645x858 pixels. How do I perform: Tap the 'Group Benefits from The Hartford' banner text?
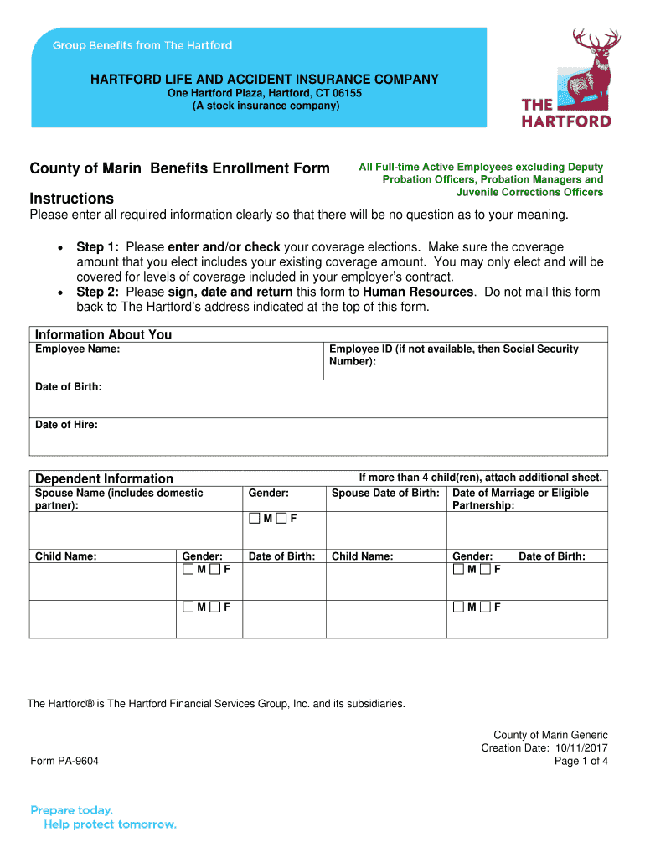(x=142, y=45)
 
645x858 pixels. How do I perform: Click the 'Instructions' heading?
(x=72, y=199)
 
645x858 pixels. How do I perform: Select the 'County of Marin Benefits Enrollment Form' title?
(x=180, y=168)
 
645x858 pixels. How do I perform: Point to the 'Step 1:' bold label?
(x=98, y=247)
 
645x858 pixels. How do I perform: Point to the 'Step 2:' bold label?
(x=98, y=292)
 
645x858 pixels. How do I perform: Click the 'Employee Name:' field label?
(x=77, y=349)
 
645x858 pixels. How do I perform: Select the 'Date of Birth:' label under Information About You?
(x=69, y=387)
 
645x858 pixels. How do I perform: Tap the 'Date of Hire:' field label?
(x=66, y=425)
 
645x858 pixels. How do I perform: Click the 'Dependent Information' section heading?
(x=104, y=478)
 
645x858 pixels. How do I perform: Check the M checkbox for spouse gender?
(x=254, y=518)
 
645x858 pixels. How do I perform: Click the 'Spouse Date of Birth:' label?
(x=385, y=493)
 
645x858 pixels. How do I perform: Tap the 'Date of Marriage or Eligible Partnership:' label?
(x=520, y=499)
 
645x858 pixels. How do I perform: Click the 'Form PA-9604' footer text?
(x=64, y=761)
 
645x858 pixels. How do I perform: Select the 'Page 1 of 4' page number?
(x=581, y=761)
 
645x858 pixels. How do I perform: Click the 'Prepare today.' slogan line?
(x=72, y=810)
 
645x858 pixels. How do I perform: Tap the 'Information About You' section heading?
(x=103, y=334)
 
